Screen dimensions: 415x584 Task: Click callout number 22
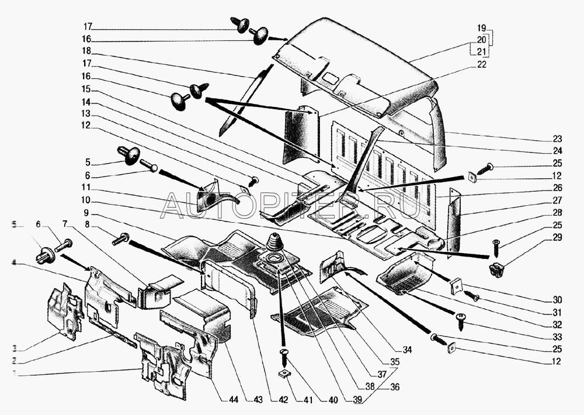coord(482,64)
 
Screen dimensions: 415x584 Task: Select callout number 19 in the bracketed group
coord(481,28)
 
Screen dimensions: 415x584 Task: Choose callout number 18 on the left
coord(87,52)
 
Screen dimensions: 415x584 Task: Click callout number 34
coord(407,350)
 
